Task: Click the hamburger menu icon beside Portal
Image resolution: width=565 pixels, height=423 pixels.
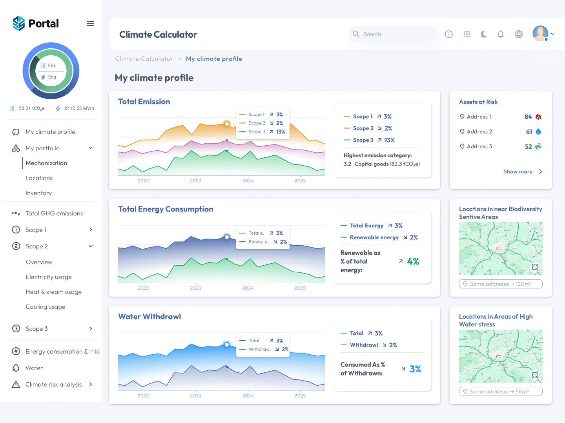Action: tap(90, 24)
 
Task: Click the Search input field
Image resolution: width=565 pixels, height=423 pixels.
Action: tap(392, 34)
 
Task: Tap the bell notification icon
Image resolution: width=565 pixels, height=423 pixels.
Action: tap(501, 34)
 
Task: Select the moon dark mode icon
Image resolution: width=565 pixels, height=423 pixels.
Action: tap(484, 34)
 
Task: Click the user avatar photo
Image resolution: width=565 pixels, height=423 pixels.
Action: tap(540, 33)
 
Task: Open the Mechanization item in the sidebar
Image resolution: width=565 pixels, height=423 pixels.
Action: tap(46, 163)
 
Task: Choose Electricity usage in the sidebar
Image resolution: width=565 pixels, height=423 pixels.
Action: tap(49, 277)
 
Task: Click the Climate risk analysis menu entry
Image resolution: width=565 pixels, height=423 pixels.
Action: tap(54, 385)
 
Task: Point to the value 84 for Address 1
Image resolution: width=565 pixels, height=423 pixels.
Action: tap(528, 117)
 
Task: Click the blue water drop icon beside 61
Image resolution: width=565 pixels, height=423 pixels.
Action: tap(538, 132)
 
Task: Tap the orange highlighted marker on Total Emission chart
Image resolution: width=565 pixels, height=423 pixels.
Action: tap(227, 124)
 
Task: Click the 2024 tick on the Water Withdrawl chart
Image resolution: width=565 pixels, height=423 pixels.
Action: tap(248, 396)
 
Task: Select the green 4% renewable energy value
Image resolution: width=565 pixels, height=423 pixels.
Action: tap(413, 262)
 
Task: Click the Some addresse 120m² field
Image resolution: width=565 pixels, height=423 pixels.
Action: tap(501, 284)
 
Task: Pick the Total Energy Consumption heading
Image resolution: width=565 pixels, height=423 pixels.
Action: tap(166, 209)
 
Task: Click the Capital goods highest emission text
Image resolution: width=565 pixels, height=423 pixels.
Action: tap(386, 164)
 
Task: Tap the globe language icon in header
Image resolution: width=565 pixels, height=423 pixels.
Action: tap(519, 34)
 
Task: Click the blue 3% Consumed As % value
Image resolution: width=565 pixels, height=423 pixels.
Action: tap(415, 369)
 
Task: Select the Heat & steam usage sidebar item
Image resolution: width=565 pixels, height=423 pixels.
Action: tap(54, 292)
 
